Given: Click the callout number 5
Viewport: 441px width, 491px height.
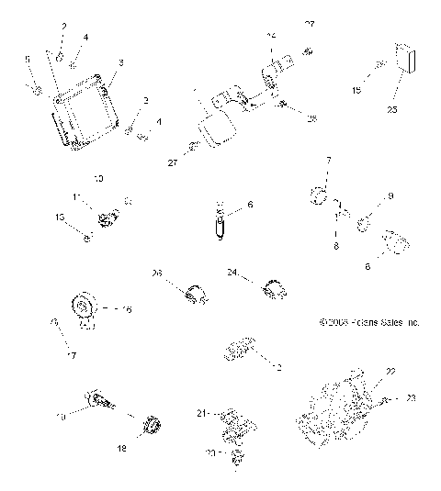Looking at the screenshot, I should click(28, 59).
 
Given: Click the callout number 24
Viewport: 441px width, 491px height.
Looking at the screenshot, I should click(233, 273).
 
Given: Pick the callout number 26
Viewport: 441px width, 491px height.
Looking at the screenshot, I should click(156, 273).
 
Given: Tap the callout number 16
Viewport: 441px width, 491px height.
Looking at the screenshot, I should click(127, 310).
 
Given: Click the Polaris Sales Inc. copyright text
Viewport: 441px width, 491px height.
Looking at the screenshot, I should click(368, 323).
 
